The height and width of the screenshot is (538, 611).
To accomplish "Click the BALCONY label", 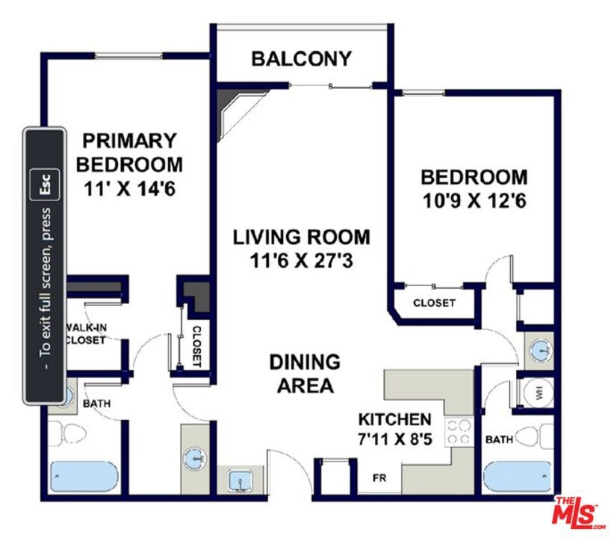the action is (x=301, y=59).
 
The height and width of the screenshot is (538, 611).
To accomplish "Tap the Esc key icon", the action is (x=45, y=185).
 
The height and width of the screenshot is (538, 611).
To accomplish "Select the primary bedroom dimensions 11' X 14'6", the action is (x=130, y=189).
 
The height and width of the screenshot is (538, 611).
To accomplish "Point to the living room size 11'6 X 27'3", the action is (x=301, y=261).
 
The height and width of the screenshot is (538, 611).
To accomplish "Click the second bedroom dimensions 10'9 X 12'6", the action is (x=474, y=201).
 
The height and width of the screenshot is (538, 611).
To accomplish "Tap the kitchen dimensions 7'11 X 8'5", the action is (x=394, y=439).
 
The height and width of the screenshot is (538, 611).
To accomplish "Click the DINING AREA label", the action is (x=305, y=374).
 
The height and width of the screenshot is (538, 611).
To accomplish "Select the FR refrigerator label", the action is (x=379, y=477).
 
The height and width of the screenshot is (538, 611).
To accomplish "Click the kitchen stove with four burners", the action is (x=459, y=432).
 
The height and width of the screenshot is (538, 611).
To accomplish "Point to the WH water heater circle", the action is (x=539, y=395).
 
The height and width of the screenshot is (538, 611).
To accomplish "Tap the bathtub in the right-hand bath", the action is (x=518, y=477).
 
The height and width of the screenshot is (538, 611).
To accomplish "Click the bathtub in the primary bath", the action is (x=84, y=477).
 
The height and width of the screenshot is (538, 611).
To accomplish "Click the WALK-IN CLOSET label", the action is (x=86, y=334).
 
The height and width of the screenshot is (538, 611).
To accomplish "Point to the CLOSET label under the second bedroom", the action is (x=434, y=303).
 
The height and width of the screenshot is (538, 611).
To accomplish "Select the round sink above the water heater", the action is (x=541, y=349).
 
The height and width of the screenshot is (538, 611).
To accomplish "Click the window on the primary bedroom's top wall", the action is (x=128, y=56).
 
